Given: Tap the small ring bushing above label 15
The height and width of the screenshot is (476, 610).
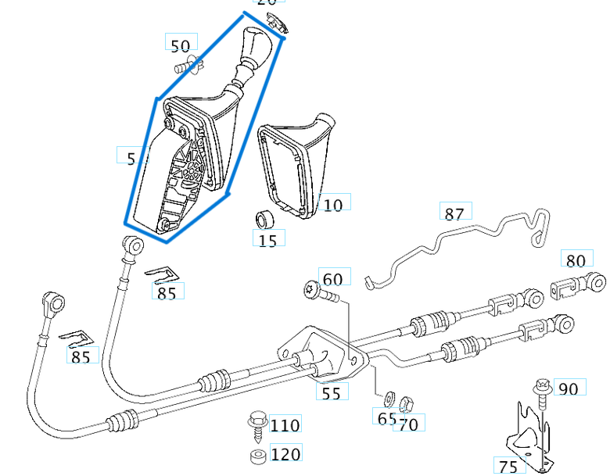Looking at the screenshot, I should (x=266, y=217).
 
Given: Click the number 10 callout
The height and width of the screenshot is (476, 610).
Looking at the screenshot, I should (x=333, y=205).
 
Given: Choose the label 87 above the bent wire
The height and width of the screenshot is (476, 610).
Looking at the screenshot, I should (x=454, y=213).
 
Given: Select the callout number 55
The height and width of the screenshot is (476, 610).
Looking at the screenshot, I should (x=332, y=392).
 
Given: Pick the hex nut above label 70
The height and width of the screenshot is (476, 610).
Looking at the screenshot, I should (x=405, y=404).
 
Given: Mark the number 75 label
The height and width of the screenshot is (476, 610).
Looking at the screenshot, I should (x=508, y=466).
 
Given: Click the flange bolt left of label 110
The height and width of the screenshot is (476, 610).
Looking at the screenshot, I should (x=256, y=422).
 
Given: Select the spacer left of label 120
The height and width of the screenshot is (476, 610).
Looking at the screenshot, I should (x=256, y=456).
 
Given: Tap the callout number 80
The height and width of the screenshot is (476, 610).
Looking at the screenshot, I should (x=576, y=259).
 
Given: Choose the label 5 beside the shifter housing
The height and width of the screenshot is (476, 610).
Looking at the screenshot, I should (x=131, y=158).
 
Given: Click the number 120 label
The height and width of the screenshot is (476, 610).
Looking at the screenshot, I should (x=285, y=454).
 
